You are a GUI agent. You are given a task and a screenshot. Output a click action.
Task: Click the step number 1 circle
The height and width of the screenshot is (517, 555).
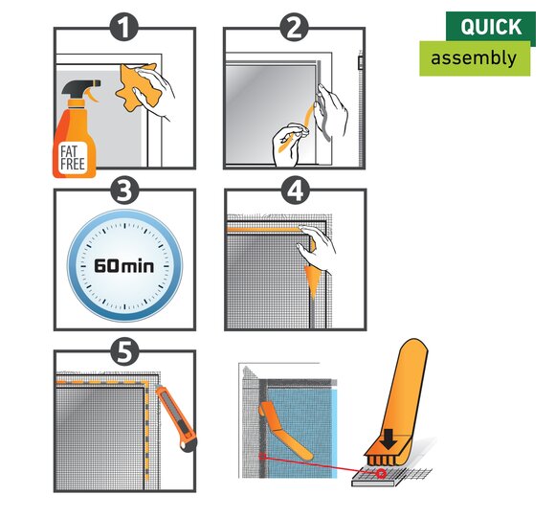[123, 28]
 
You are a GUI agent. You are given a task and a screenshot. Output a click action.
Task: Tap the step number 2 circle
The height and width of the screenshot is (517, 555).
[294, 28]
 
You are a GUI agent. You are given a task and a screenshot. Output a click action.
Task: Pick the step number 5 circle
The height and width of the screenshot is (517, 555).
[123, 351]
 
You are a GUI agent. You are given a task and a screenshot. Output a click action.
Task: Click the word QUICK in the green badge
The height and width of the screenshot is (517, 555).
[491, 27]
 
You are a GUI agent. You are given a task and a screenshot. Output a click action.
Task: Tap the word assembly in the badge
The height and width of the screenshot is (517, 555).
[474, 58]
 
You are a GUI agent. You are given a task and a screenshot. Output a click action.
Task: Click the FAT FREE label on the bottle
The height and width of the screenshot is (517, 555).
[73, 158]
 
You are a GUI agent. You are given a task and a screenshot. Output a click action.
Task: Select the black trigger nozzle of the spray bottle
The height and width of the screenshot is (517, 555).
[81, 88]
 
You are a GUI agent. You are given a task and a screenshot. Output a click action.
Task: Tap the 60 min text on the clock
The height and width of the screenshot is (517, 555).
[123, 265]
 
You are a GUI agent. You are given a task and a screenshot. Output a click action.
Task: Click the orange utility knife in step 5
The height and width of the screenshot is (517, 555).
[177, 417]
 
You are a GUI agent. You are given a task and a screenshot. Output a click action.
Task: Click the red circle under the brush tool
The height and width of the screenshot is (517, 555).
[381, 474]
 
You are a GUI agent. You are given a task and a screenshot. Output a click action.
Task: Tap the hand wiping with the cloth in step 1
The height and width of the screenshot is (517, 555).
[156, 91]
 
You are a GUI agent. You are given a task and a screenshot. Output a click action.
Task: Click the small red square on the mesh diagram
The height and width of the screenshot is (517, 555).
[262, 456]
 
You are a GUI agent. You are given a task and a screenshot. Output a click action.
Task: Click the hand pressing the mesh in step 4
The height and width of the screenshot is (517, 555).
[317, 248]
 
